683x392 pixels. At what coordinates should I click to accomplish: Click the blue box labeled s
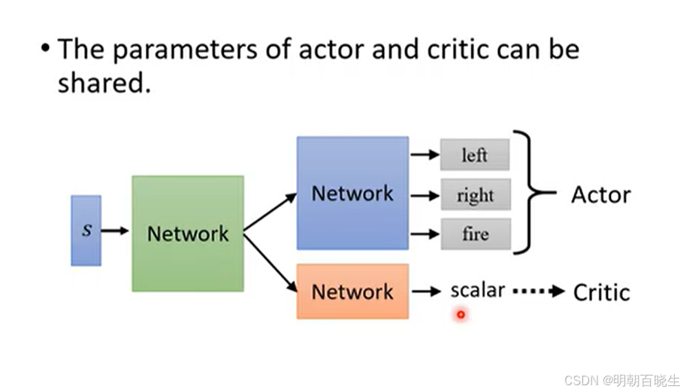(x=86, y=231)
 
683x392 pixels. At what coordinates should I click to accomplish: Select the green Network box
(x=188, y=234)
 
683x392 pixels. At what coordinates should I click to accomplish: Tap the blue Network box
(x=353, y=193)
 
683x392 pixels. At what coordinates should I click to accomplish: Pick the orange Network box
(x=353, y=291)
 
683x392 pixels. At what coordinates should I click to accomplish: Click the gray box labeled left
(x=475, y=155)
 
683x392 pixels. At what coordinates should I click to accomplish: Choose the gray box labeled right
(x=476, y=194)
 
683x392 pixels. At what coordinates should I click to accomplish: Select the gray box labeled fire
(x=476, y=234)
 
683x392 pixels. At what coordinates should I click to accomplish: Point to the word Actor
(x=601, y=194)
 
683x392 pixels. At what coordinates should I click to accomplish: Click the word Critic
(x=602, y=292)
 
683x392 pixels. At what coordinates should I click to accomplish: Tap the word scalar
(x=478, y=291)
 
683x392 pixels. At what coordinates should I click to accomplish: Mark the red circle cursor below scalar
(x=461, y=315)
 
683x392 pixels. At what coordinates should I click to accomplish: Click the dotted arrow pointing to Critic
(x=539, y=291)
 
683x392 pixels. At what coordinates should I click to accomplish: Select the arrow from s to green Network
(x=115, y=231)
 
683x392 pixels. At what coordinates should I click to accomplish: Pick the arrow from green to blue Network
(x=270, y=212)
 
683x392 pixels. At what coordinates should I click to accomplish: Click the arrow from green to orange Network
(x=270, y=263)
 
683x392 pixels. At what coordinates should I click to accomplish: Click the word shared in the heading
(x=104, y=83)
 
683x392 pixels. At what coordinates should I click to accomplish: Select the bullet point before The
(x=45, y=48)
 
